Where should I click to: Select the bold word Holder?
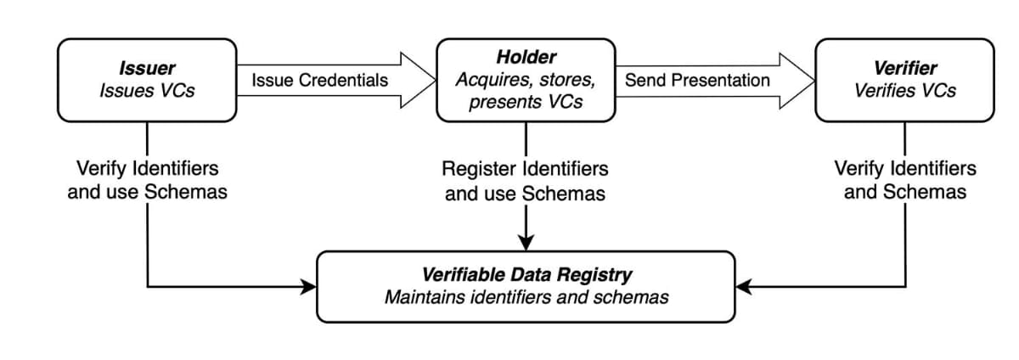(526, 58)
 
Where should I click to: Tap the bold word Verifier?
(904, 69)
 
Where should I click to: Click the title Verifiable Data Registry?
(526, 275)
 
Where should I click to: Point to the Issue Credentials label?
(320, 81)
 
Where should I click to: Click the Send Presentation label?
(697, 81)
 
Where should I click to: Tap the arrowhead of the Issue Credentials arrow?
(417, 81)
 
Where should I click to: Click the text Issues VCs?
(147, 90)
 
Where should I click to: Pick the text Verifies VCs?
(904, 90)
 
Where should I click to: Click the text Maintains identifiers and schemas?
(526, 297)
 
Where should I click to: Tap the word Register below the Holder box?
(479, 169)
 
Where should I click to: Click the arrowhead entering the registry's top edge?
(526, 242)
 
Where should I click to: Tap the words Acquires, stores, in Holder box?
(526, 80)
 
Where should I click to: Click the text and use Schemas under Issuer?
(147, 191)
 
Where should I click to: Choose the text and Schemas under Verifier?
(904, 191)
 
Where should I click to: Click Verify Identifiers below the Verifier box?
(904, 168)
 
